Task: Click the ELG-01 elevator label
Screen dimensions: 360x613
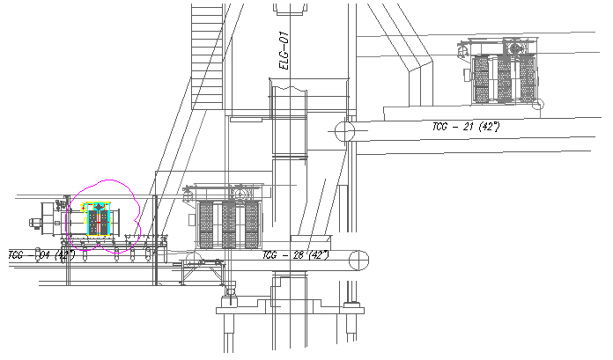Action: (x=284, y=51)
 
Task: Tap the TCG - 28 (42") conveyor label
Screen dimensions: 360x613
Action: (x=295, y=254)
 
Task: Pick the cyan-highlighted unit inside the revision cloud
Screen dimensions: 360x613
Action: (x=98, y=220)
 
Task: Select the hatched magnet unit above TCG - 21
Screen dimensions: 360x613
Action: (x=504, y=78)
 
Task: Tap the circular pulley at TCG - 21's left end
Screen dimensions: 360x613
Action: (x=343, y=132)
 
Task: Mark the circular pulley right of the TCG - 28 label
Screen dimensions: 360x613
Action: (x=358, y=260)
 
